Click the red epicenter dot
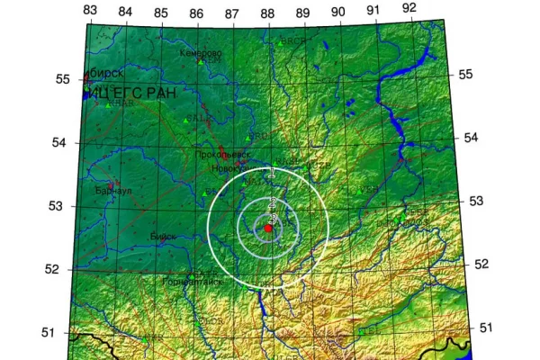(x=268, y=229)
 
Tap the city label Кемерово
(x=201, y=53)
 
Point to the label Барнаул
(x=112, y=191)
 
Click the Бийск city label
(x=163, y=236)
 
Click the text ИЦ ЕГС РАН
(x=126, y=93)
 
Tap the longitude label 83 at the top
(x=89, y=9)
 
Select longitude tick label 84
(x=125, y=11)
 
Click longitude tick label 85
(x=160, y=13)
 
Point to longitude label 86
(x=196, y=13)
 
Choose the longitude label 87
(x=231, y=13)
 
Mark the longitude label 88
(x=267, y=13)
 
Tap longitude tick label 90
(x=338, y=12)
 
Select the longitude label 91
(x=373, y=10)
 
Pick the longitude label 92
(x=409, y=8)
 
